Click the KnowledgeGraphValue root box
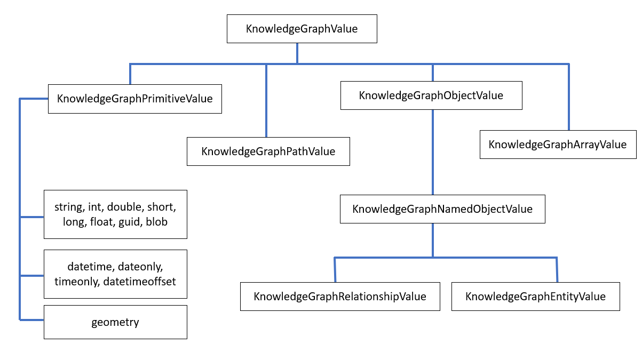pyautogui.click(x=302, y=29)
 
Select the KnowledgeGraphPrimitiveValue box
pyautogui.click(x=134, y=99)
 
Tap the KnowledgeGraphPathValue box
pyautogui.click(x=268, y=151)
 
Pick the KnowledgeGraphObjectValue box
pyautogui.click(x=431, y=95)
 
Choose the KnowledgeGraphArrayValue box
pyautogui.click(x=558, y=144)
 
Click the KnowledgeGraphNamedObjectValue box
pyautogui.click(x=442, y=209)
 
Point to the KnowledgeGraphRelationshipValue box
pyautogui.click(x=340, y=297)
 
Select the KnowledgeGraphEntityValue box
pyautogui.click(x=535, y=297)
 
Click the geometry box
pyautogui.click(x=115, y=322)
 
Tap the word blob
pyautogui.click(x=156, y=221)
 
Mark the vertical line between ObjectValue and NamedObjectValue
pyautogui.click(x=432, y=152)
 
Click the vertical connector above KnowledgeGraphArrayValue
pyautogui.click(x=569, y=97)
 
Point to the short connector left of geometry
pyautogui.click(x=32, y=319)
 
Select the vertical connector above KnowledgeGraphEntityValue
pyautogui.click(x=557, y=269)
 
